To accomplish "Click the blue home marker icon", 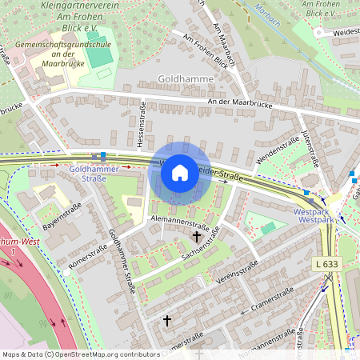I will click(x=180, y=172).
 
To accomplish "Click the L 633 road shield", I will click(x=326, y=263).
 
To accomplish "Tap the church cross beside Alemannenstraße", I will click(x=197, y=237).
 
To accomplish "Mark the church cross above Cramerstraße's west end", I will click(x=167, y=320).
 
